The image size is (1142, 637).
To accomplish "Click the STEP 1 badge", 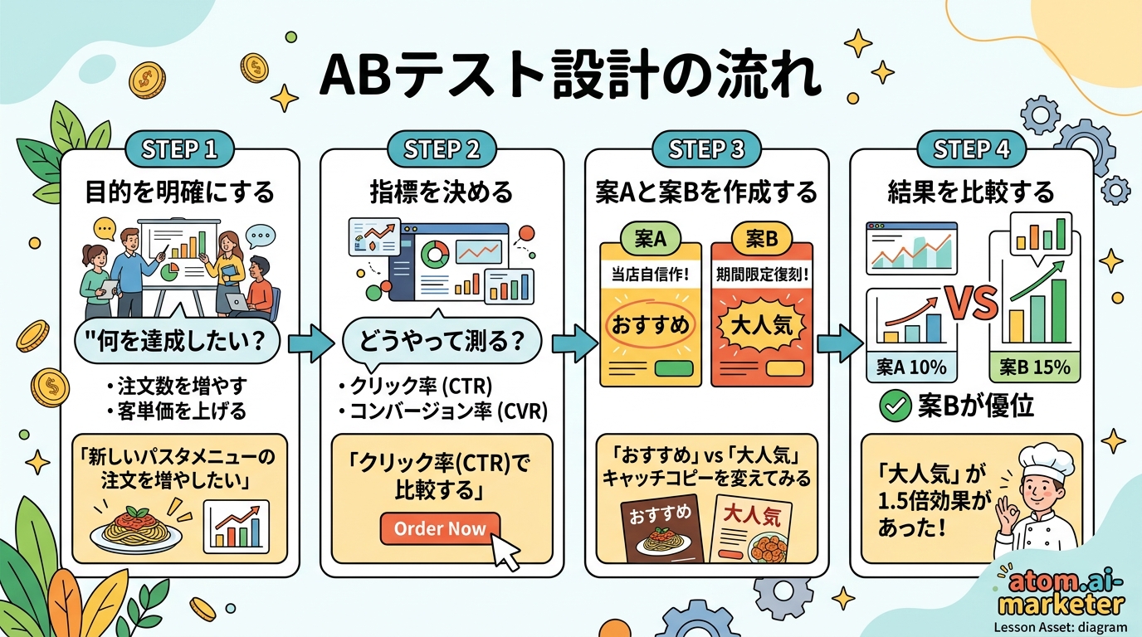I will pyautogui.click(x=178, y=149).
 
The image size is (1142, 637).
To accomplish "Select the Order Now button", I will pyautogui.click(x=440, y=528).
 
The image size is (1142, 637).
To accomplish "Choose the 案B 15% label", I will pyautogui.click(x=1035, y=367).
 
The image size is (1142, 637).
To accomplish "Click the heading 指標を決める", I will pyautogui.click(x=442, y=193).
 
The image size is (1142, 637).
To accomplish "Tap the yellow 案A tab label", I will pyautogui.click(x=650, y=239).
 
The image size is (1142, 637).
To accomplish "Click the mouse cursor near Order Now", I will pyautogui.click(x=505, y=550).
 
